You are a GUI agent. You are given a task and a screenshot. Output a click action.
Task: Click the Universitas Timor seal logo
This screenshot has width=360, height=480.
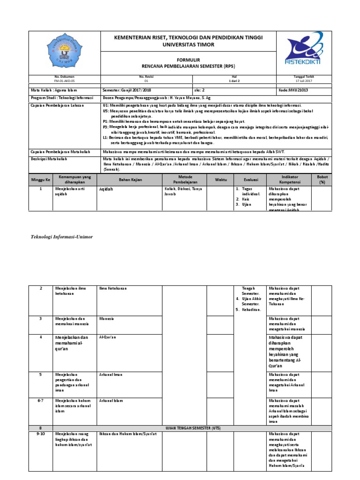tap(65, 52)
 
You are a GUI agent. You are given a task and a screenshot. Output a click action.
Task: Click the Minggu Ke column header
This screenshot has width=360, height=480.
tap(40, 180)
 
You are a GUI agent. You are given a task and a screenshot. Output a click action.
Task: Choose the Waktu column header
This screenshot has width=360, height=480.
tap(220, 180)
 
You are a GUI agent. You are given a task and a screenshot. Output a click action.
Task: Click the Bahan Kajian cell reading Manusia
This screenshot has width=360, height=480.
tap(107, 319)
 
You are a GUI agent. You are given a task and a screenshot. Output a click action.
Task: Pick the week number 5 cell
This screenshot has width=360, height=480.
tap(40, 375)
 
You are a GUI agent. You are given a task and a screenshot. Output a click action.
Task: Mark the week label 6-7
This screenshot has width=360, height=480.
tap(40, 401)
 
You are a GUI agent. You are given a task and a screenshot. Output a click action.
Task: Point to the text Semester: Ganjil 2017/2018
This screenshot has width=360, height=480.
tap(127, 89)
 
